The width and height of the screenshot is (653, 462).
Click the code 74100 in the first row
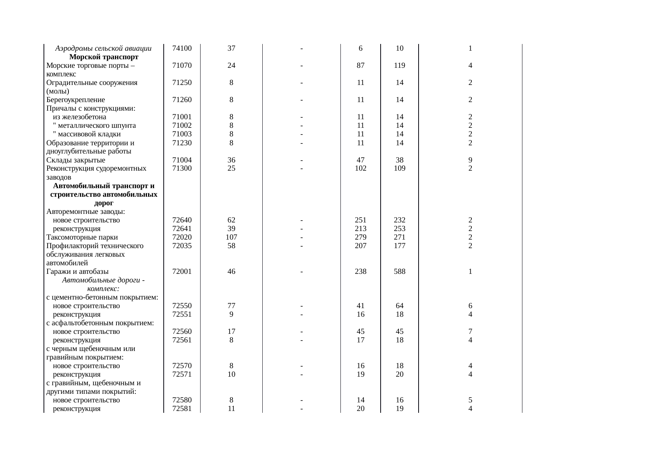[x=182, y=48]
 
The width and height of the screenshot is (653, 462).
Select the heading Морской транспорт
[x=104, y=57]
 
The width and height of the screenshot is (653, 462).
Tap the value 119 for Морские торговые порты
[x=400, y=66]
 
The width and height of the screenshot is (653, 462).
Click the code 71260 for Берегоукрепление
[x=182, y=100]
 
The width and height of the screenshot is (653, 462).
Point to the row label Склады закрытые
[x=76, y=160]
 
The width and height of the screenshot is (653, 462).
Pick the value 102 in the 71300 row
[x=361, y=168]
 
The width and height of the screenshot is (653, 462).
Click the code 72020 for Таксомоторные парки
[x=182, y=237]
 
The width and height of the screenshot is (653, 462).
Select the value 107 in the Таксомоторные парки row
[x=231, y=237]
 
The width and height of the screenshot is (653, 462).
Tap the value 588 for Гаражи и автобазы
[x=400, y=272]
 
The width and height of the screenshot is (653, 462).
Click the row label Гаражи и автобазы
[x=77, y=272]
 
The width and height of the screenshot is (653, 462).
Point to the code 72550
[x=182, y=306]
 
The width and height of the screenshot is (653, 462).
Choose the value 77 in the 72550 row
[x=231, y=306]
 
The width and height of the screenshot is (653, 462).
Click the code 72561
[x=182, y=340]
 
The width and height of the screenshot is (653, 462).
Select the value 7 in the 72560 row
[x=470, y=332]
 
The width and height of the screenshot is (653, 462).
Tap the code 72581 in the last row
[x=182, y=409]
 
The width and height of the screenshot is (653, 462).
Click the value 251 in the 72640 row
[x=361, y=220]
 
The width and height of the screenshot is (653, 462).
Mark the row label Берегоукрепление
[x=76, y=100]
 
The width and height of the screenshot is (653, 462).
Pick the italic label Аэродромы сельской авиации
[x=103, y=48]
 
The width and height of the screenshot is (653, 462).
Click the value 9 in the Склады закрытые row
[x=470, y=160]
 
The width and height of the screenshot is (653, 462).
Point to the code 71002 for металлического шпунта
[x=182, y=126]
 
